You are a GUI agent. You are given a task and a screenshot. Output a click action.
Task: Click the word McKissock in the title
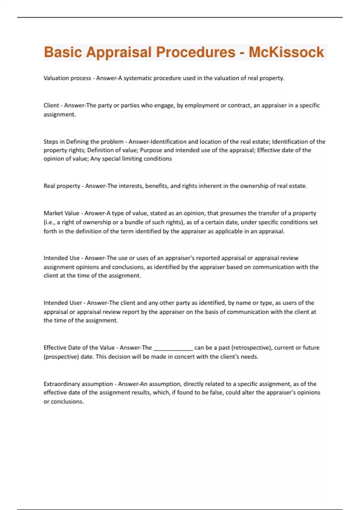[286, 52]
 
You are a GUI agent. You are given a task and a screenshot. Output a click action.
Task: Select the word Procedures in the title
[196, 52]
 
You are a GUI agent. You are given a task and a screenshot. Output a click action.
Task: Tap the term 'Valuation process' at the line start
[67, 78]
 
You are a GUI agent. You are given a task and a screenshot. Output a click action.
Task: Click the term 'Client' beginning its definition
[51, 105]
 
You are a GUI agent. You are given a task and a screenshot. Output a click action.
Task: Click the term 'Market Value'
[61, 213]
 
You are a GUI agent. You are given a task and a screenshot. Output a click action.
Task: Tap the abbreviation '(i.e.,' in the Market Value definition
[49, 222]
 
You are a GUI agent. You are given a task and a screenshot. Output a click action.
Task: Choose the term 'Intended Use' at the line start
[61, 258]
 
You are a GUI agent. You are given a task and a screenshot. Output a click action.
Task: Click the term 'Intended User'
[63, 303]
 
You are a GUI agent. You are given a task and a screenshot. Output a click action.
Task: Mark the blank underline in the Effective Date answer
[173, 348]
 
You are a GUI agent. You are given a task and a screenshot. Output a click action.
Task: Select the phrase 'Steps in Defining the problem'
[83, 142]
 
